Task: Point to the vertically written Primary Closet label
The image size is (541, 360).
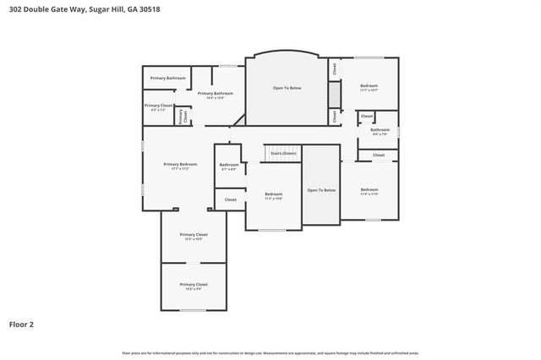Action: click(181, 117)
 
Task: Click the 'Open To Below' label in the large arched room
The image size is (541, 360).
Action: click(287, 87)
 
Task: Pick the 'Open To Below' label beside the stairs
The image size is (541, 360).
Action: click(321, 190)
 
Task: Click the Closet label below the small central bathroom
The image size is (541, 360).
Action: click(230, 199)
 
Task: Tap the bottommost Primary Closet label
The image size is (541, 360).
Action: click(193, 285)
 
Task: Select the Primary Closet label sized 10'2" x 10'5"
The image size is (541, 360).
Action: click(193, 235)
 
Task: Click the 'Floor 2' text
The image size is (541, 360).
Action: click(21, 324)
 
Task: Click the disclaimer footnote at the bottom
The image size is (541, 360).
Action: click(270, 352)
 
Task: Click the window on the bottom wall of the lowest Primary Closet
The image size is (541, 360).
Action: click(193, 310)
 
